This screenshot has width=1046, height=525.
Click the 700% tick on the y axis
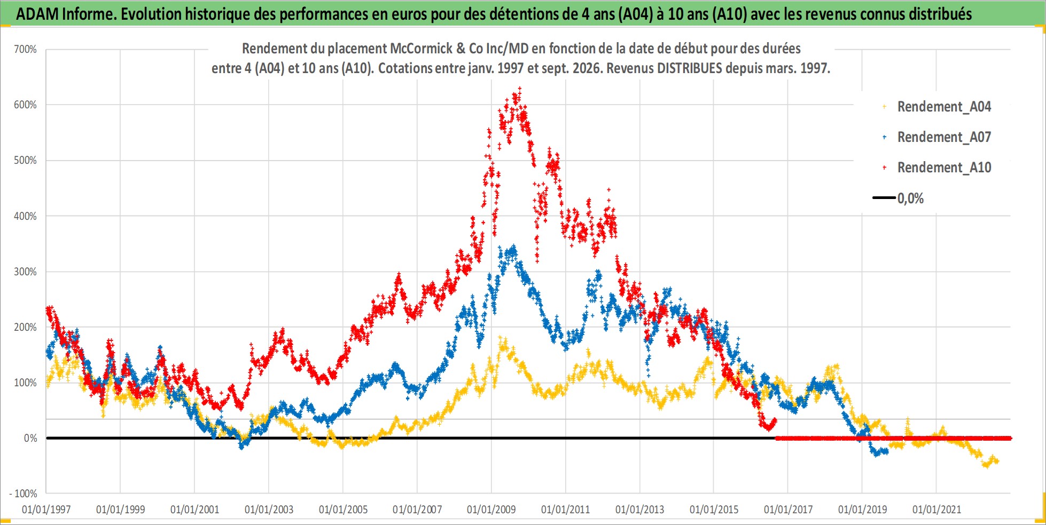coord(25,50)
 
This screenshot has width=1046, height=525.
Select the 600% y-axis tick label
coord(25,105)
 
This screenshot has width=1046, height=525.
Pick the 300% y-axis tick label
coord(25,272)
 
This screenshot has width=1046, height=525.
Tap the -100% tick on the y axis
coord(23,494)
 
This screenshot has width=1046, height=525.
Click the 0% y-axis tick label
coord(30,438)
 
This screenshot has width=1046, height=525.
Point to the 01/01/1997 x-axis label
coord(46,510)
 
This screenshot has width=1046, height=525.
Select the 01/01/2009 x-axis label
coord(491,510)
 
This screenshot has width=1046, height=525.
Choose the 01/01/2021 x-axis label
coord(936,510)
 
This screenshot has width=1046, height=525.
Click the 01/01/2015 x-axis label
coord(714,510)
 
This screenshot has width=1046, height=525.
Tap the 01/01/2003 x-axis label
coord(269,510)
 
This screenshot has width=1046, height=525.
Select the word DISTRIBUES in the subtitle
coord(691,68)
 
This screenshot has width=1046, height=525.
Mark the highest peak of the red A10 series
coord(519,89)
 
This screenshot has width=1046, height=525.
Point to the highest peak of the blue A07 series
coord(514,246)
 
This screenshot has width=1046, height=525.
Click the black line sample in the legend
coord(884,198)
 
